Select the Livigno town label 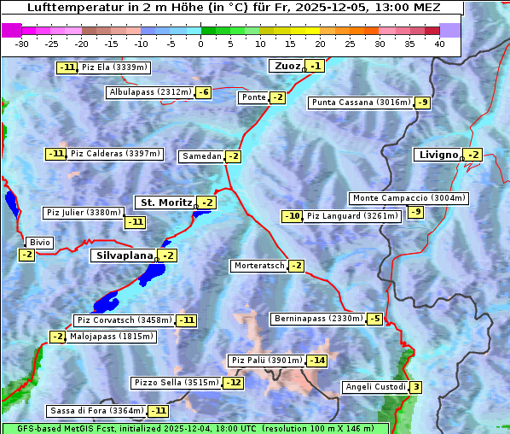point(438,155)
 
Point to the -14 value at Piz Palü point(316,361)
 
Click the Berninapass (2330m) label point(318,319)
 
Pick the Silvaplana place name point(124,255)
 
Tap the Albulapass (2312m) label point(149,92)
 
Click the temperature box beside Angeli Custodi point(415,387)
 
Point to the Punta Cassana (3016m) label point(361,103)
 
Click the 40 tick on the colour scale point(439,43)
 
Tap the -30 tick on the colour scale point(22,43)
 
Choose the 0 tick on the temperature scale point(201,43)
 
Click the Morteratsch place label point(258,266)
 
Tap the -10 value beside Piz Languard point(293,216)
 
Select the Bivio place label point(40,243)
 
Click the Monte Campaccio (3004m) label point(409,198)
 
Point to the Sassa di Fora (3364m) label point(96,411)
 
